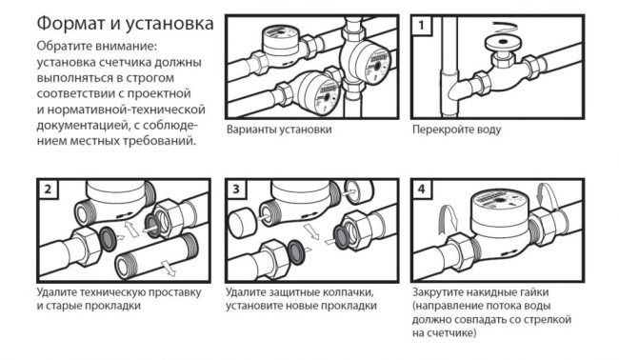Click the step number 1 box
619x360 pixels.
point(422,26)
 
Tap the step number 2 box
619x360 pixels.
point(48,190)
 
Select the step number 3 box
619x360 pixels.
point(235,190)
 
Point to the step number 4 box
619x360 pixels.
point(422,190)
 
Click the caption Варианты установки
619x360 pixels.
point(279,130)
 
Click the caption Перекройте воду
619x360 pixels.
point(457,130)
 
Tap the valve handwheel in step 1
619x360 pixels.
point(503,42)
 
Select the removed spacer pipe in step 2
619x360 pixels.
point(157,256)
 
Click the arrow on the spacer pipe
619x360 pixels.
point(169,268)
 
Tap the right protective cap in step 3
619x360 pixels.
point(359,191)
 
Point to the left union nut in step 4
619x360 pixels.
point(464,251)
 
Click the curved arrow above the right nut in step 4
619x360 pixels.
point(549,196)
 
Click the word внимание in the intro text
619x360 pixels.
point(126,46)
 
